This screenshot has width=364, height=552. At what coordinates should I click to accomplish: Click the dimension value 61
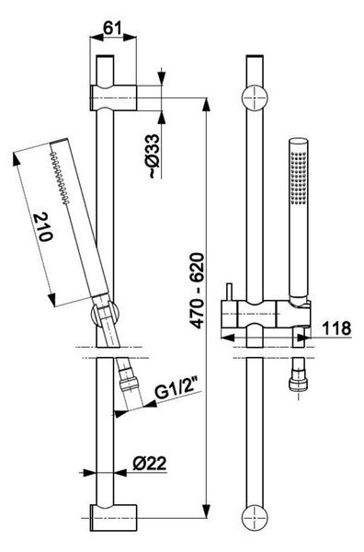pyautogui.click(x=112, y=28)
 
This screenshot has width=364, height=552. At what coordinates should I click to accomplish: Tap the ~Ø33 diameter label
pyautogui.click(x=154, y=155)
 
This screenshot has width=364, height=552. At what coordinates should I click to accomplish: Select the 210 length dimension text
pyautogui.click(x=43, y=227)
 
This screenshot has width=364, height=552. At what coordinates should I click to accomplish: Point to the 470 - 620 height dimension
pyautogui.click(x=197, y=291)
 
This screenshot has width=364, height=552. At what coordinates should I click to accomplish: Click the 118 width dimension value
pyautogui.click(x=336, y=328)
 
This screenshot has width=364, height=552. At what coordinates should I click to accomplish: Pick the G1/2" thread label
pyautogui.click(x=177, y=391)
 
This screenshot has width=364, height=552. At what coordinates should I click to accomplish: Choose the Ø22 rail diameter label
pyautogui.click(x=150, y=464)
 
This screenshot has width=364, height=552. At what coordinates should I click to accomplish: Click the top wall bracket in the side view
pyautogui.click(x=113, y=98)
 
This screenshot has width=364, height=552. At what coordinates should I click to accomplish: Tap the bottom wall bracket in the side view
pyautogui.click(x=113, y=518)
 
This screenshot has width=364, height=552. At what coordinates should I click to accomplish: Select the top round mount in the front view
pyautogui.click(x=255, y=98)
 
